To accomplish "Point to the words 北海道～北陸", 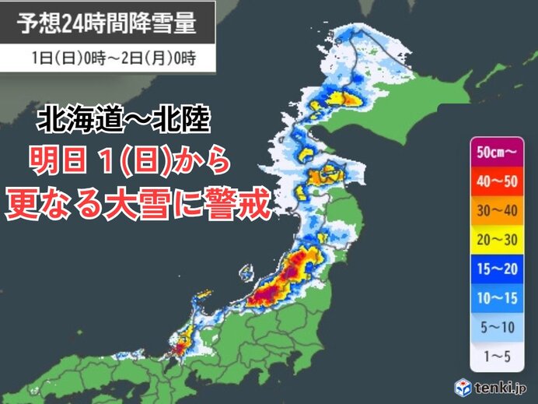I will [123, 121].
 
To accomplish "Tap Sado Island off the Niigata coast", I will [247, 273].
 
